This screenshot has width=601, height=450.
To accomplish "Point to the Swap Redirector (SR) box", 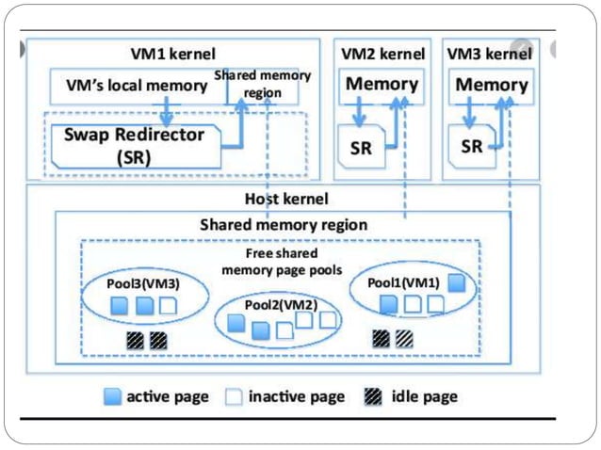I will coord(134,146).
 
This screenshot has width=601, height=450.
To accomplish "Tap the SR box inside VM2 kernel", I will coord(362,147).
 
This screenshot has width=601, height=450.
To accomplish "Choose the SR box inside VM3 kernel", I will coord(473,147).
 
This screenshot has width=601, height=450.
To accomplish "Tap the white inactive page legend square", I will coord(233,396).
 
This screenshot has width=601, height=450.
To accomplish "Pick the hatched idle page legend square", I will coord(375,396).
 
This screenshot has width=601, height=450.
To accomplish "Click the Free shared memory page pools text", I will coord(281,262).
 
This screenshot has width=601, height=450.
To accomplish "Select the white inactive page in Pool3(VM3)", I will coord(167,306).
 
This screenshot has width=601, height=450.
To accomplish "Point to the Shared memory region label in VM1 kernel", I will coord(263,84).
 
